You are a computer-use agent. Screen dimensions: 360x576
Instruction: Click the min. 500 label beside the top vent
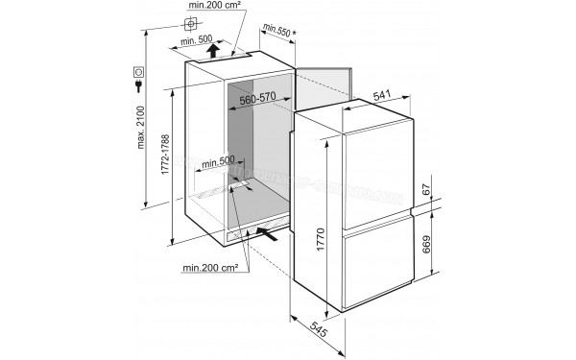point(200,41)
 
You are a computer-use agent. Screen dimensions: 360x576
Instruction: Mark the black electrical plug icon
point(139,87)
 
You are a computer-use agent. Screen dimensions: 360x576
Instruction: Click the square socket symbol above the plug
point(139,71)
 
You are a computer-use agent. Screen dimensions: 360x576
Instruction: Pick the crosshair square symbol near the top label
point(188,22)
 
